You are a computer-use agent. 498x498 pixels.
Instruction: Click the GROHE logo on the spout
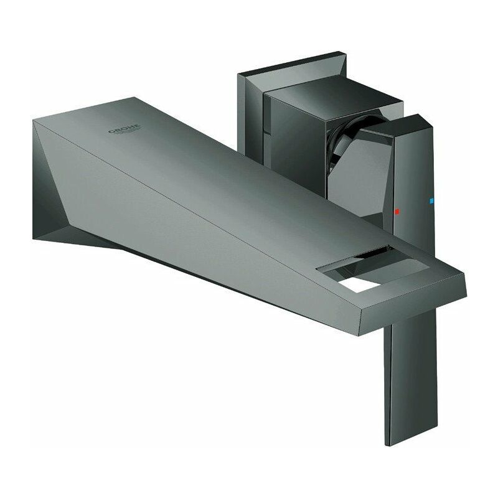(x=125, y=131)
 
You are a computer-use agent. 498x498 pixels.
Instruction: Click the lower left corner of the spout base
(x=34, y=235)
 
